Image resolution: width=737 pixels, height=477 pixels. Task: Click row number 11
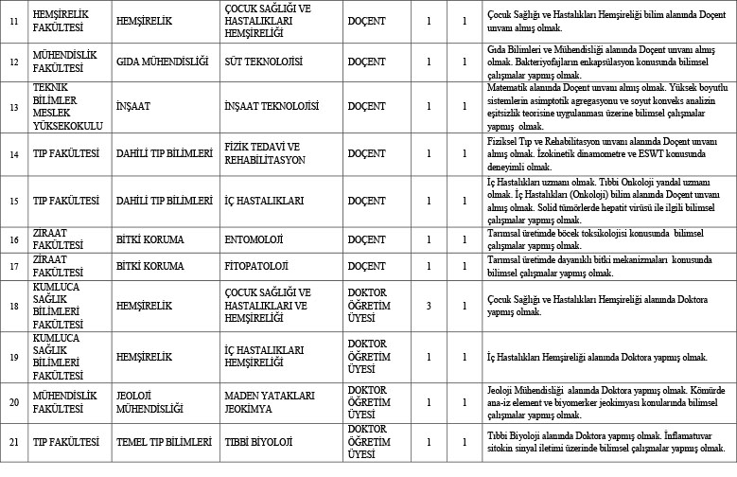click(x=13, y=19)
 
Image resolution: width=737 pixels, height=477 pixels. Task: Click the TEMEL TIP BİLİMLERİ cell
click(x=162, y=441)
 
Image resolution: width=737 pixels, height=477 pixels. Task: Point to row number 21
click(x=13, y=441)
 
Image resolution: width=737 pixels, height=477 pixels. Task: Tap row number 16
click(x=13, y=240)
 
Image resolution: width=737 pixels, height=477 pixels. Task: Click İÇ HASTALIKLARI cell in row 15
click(x=267, y=202)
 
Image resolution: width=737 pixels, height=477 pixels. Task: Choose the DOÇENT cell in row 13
click(x=366, y=106)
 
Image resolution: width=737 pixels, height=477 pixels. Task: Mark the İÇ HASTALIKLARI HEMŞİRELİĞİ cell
click(x=268, y=357)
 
